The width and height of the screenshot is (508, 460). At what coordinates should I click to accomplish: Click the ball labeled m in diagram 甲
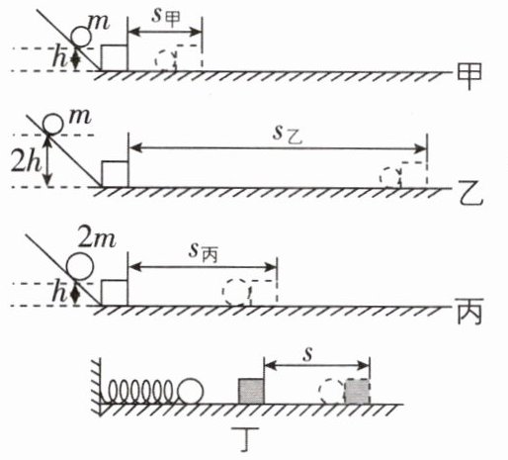point(81,37)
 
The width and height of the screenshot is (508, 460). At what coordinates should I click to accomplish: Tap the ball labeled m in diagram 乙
point(53,125)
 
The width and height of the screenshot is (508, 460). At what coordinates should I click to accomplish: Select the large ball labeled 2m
point(80,266)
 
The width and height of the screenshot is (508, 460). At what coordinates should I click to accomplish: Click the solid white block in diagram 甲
point(115,57)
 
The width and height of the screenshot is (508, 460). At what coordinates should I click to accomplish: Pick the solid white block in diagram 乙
point(115,174)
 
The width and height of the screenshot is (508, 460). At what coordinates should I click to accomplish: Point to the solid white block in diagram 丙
point(115,293)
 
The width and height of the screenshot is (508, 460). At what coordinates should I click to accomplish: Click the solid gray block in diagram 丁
point(251,391)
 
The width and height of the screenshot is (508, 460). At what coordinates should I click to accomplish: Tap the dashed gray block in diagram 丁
point(357,392)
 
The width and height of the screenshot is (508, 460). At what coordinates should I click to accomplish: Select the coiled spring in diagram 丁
point(138,392)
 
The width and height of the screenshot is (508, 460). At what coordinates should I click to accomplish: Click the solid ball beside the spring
point(191,391)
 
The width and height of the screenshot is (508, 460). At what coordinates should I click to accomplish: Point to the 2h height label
point(27,161)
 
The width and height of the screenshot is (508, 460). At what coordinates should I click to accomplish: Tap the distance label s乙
point(287,135)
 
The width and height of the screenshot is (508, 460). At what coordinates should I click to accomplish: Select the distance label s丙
point(203,253)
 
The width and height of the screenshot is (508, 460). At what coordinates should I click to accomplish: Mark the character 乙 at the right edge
point(470,194)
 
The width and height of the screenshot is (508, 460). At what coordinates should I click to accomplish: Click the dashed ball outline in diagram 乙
point(390,177)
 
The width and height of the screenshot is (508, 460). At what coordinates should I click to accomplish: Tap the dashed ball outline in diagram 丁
point(331,392)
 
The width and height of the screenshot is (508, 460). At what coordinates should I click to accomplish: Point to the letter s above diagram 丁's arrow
point(307,355)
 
